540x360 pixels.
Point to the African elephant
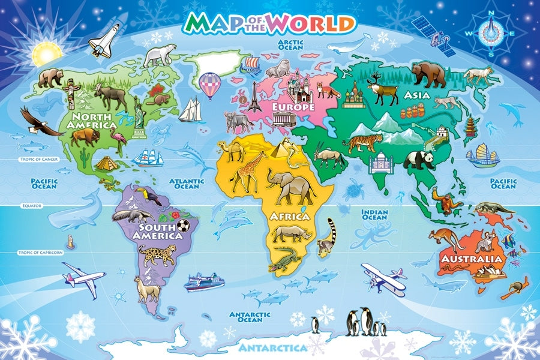coord(291,186)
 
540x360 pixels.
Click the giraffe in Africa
coord(248,171)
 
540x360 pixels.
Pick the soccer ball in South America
coord(183,226)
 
